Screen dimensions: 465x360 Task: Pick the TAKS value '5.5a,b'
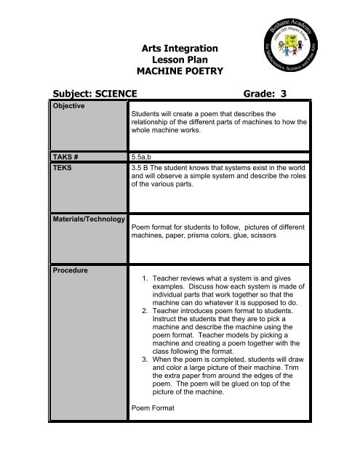pyautogui.click(x=144, y=155)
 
